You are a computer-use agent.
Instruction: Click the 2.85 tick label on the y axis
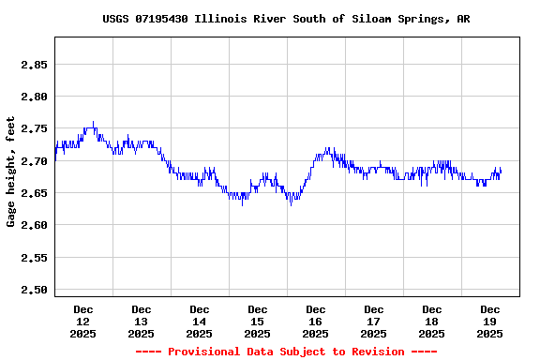pos(34,65)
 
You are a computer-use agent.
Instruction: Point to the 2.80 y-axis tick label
pos(34,97)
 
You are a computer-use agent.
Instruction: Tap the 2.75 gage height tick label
pos(34,128)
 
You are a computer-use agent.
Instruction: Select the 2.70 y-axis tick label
pos(34,161)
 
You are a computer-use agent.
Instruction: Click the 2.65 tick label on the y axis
pos(34,193)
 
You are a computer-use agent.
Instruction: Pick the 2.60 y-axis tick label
pos(34,225)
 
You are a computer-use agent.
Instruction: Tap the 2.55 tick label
pos(34,257)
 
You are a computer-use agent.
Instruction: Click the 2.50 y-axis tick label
pos(34,290)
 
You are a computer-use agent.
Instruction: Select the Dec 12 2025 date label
pos(83,321)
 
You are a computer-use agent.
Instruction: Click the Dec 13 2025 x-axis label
pos(142,321)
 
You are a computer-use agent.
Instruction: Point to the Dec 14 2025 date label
pos(200,321)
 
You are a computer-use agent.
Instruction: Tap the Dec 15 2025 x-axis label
pos(258,321)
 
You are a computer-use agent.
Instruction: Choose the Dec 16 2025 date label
pos(316,321)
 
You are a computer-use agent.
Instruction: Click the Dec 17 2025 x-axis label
pos(374,321)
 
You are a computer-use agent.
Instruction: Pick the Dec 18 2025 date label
pos(432,321)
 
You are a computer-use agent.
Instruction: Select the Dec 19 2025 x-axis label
pos(490,321)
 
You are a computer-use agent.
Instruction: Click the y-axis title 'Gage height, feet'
pos(11,172)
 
